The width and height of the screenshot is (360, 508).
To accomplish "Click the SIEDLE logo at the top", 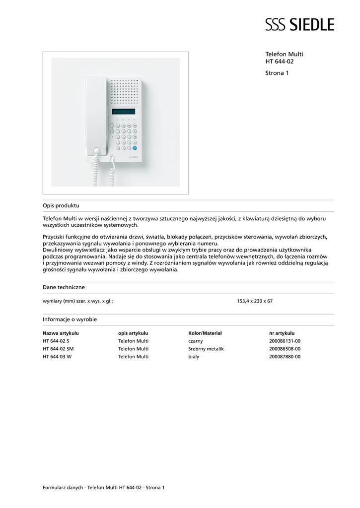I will coord(299,24).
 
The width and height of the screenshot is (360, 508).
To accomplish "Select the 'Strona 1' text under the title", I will coord(277,73).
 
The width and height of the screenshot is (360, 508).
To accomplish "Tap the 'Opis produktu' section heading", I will coord(61,205).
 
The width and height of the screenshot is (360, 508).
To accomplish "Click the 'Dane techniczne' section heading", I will coord(64,287).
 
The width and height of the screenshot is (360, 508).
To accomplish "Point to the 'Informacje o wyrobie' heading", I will coord(70,319).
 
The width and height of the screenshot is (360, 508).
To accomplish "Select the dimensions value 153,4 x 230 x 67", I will coord(255,301).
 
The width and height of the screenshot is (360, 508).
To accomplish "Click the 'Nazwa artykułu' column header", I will coord(61,333).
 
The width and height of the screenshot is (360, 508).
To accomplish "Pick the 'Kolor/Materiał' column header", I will coord(205,333).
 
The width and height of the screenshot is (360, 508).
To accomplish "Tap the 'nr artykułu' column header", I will coord(282,333).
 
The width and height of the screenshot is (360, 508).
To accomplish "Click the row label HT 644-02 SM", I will coord(58,349).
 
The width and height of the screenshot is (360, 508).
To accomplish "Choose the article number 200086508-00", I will coord(285,349).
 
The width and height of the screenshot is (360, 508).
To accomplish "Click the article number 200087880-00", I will coord(285,357).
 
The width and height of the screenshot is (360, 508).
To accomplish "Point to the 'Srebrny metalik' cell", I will coord(206,349).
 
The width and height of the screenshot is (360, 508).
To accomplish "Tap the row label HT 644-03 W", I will coord(57,357).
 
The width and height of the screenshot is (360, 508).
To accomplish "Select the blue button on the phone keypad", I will coord(135,147).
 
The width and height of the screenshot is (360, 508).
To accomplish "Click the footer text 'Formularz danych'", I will coord(63,488).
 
